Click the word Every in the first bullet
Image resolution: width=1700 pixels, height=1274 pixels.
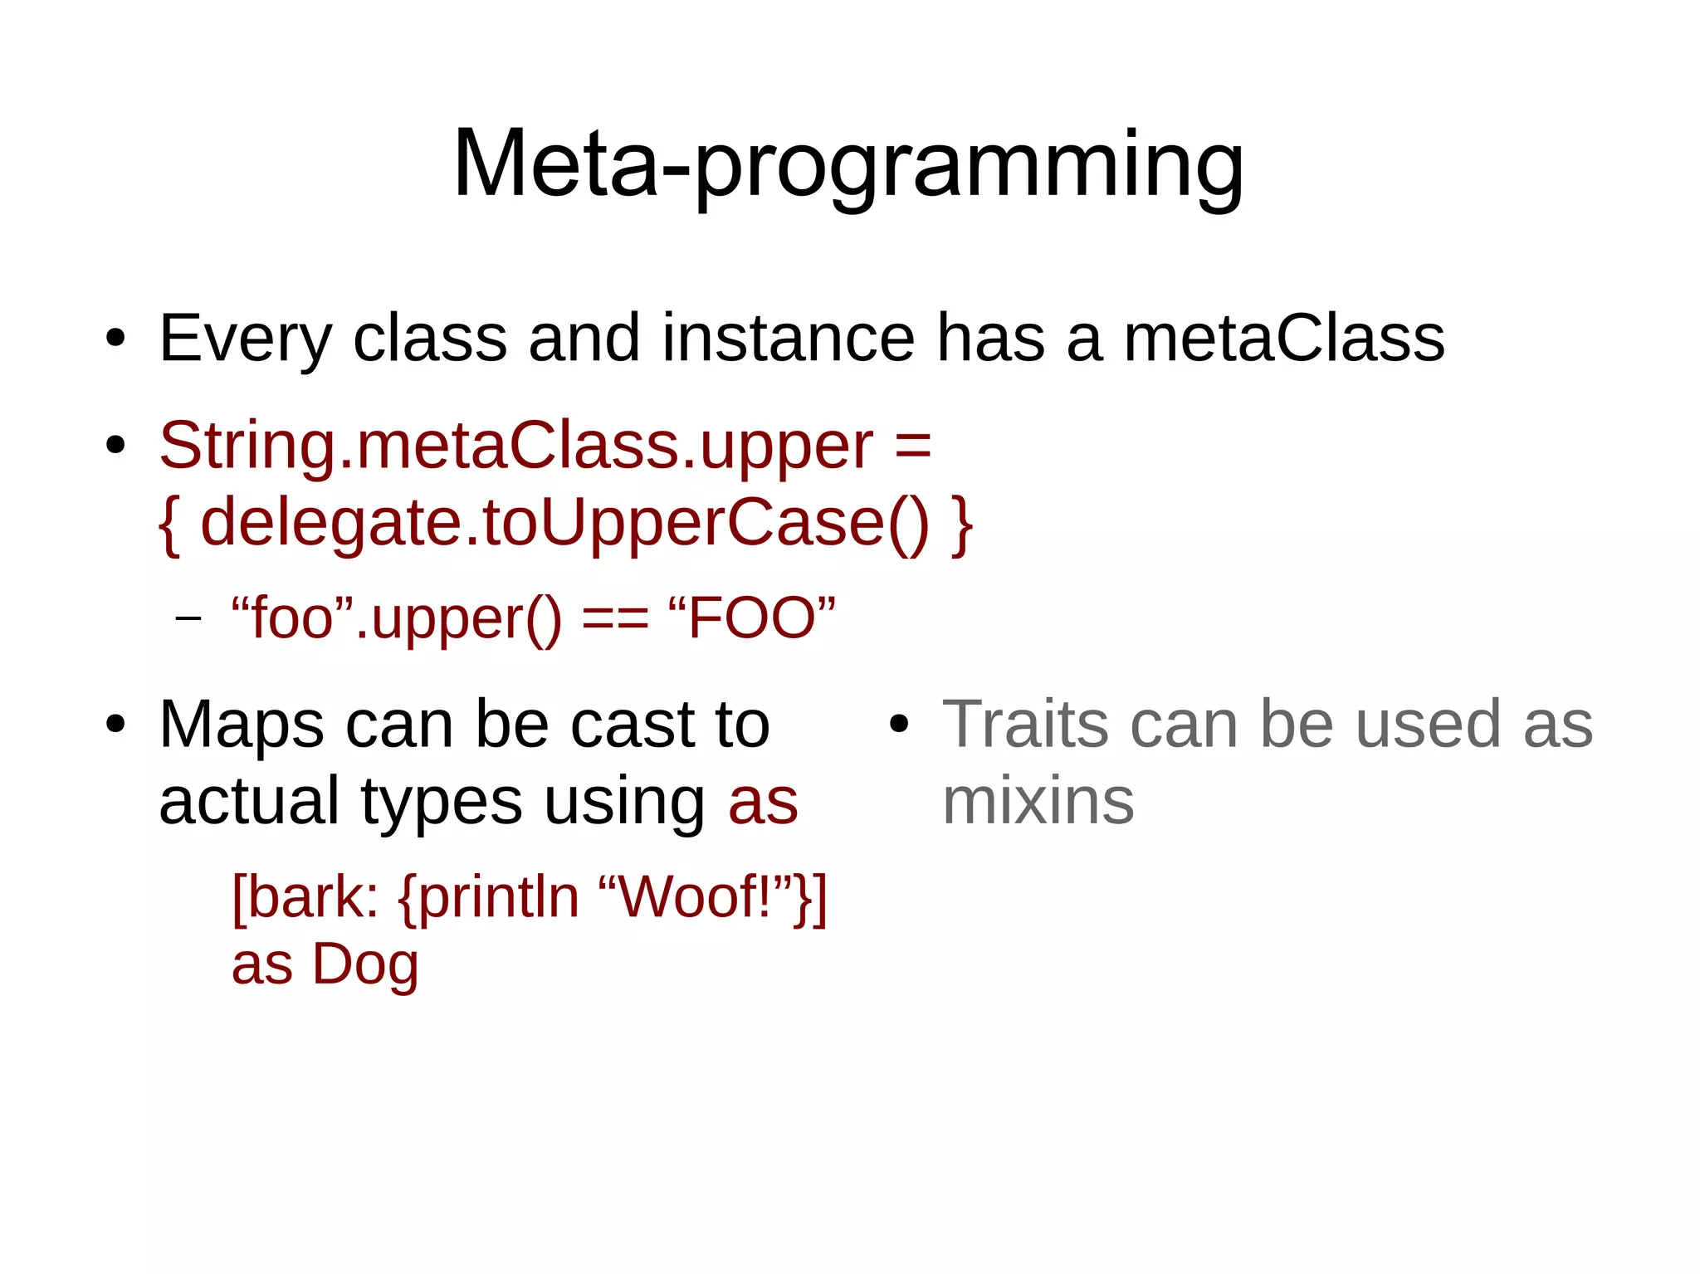[x=245, y=339]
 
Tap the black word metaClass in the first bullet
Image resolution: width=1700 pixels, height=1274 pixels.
[x=1283, y=339]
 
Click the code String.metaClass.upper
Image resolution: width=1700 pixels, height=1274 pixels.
[x=515, y=447]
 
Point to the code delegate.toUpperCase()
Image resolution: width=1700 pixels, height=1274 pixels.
[x=564, y=523]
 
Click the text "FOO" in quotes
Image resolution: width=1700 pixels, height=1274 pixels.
[x=752, y=618]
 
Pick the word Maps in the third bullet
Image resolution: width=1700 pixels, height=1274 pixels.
[x=241, y=725]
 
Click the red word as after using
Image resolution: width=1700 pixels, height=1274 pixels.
[x=763, y=803]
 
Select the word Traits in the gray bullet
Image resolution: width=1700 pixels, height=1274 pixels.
[x=1024, y=725]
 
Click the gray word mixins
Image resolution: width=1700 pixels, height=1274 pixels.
[x=1038, y=802]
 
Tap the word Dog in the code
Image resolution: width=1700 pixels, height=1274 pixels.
[x=365, y=964]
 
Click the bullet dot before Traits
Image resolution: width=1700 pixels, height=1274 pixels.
[x=899, y=725]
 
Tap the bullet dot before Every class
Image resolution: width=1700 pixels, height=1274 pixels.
[x=115, y=339]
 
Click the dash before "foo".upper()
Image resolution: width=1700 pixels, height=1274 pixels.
[x=188, y=618]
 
